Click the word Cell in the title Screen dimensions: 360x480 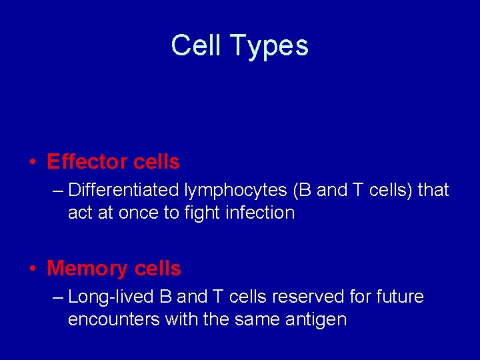[197, 46]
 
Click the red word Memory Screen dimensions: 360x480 [87, 269]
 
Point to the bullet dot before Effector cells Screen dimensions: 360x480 [32, 163]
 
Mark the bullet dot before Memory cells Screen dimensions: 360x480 [32, 269]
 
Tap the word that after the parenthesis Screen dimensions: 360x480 [433, 190]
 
